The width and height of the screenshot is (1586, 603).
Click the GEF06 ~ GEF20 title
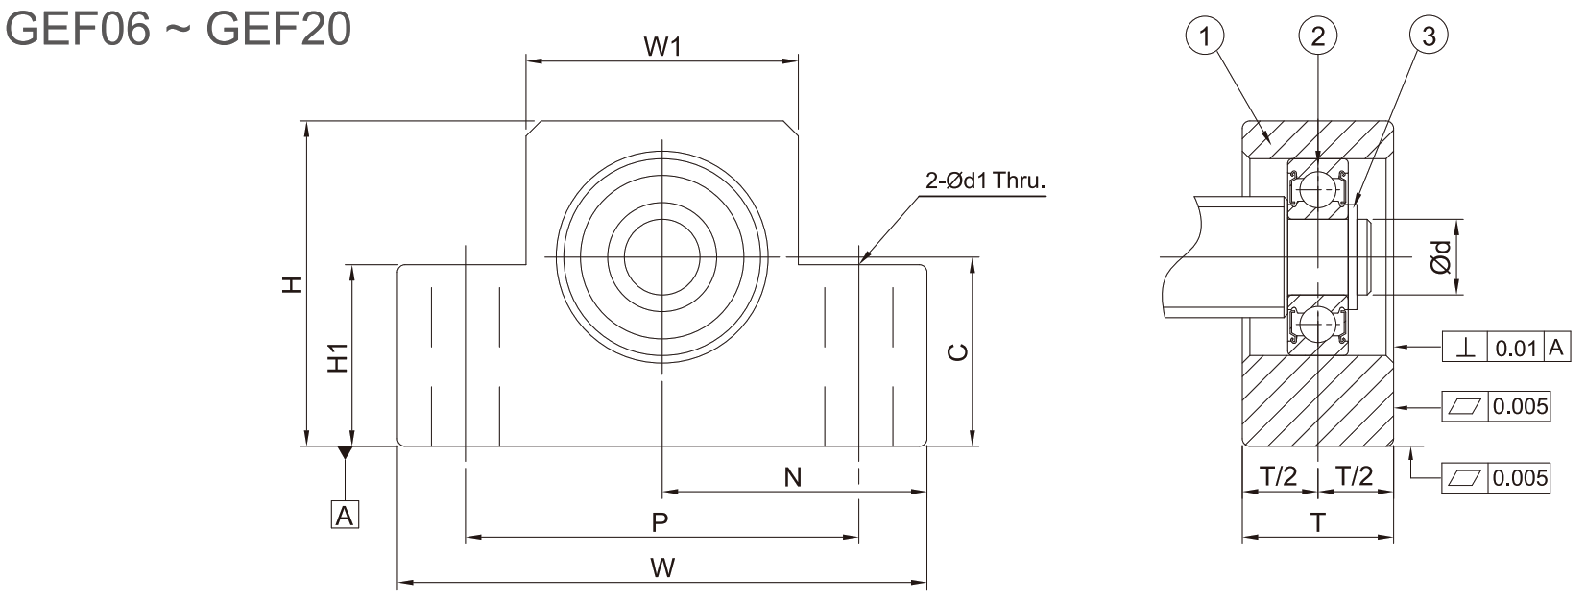178,29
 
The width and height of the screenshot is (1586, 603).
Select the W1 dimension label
662,47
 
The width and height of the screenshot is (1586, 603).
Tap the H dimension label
292,284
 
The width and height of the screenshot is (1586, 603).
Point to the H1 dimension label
338,357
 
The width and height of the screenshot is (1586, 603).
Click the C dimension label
957,351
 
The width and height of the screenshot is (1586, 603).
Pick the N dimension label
793,478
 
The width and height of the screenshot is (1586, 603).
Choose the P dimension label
660,523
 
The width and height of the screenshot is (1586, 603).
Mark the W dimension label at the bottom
662,567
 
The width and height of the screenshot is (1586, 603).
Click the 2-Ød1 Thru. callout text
986,181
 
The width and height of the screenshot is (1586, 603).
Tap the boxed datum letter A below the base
345,515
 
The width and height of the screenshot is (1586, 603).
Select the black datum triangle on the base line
345,452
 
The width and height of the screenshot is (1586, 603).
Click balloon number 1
1205,35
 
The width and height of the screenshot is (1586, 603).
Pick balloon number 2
1317,35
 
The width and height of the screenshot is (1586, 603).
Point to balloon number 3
1429,35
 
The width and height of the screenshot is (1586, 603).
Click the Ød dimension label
1440,256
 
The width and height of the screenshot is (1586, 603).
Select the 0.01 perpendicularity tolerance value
1516,349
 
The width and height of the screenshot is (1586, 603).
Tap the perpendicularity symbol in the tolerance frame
1466,348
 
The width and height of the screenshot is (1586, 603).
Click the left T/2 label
1279,476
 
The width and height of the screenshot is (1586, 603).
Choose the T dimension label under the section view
1317,523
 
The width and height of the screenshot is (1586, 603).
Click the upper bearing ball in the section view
1317,188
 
